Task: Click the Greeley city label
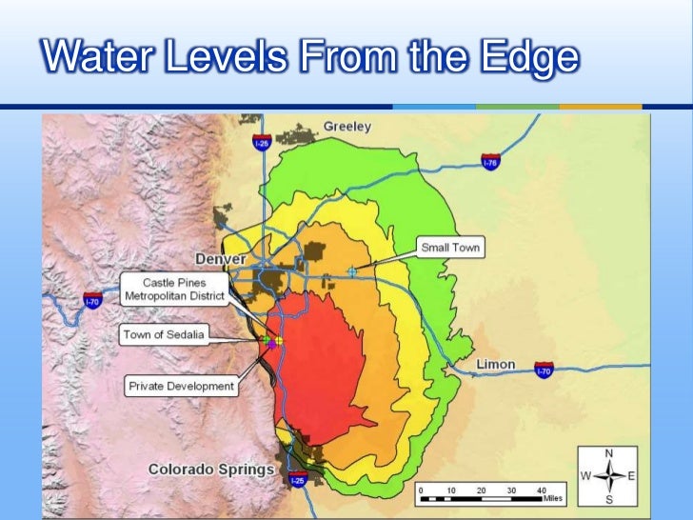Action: (x=347, y=126)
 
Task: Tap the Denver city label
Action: (x=221, y=259)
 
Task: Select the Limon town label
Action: (x=495, y=364)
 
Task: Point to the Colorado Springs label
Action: (x=211, y=470)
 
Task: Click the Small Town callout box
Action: (x=451, y=249)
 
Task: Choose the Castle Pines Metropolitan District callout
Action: (x=175, y=290)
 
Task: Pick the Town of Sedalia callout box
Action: (x=163, y=334)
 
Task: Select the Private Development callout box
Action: (x=181, y=387)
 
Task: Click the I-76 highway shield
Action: (x=489, y=163)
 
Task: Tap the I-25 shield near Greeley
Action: (x=261, y=142)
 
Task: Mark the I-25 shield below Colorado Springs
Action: (x=298, y=482)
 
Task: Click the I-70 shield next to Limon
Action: (x=543, y=370)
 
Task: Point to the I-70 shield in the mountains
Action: (x=92, y=301)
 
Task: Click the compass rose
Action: (x=609, y=475)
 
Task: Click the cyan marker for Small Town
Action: (x=351, y=271)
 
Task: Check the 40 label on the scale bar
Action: (x=541, y=490)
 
